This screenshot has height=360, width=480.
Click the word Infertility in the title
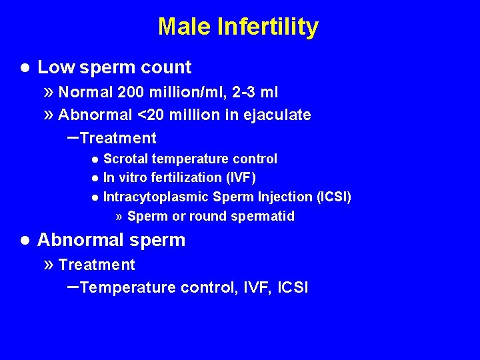coord(267,27)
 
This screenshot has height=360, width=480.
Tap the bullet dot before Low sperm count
coord(24,67)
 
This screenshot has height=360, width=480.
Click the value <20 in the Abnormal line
coord(152,115)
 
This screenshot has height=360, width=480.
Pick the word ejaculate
coord(279,115)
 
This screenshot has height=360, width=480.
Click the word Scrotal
coord(127,159)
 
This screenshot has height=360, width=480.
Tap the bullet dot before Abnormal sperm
coord(24,240)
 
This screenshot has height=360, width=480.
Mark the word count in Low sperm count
coord(170,67)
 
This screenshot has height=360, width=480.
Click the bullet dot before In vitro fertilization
coord(96,178)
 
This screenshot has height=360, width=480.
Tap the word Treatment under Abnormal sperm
coord(97,265)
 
